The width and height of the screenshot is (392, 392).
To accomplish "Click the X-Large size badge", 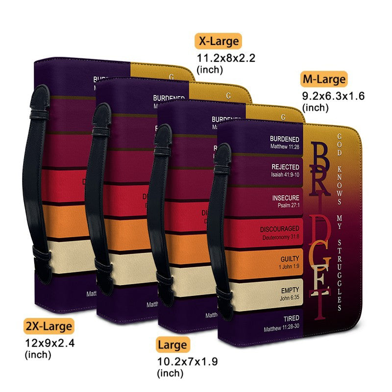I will [218, 41].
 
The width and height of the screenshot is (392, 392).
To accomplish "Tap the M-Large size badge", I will [324, 79].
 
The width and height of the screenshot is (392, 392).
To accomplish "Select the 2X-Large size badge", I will [49, 325].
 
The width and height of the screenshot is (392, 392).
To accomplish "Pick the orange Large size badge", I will [172, 345].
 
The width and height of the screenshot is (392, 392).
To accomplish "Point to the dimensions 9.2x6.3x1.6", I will [333, 96].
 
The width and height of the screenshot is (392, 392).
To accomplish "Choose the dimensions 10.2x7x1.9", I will [187, 362].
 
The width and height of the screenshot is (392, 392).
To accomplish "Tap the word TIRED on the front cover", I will [291, 318].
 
